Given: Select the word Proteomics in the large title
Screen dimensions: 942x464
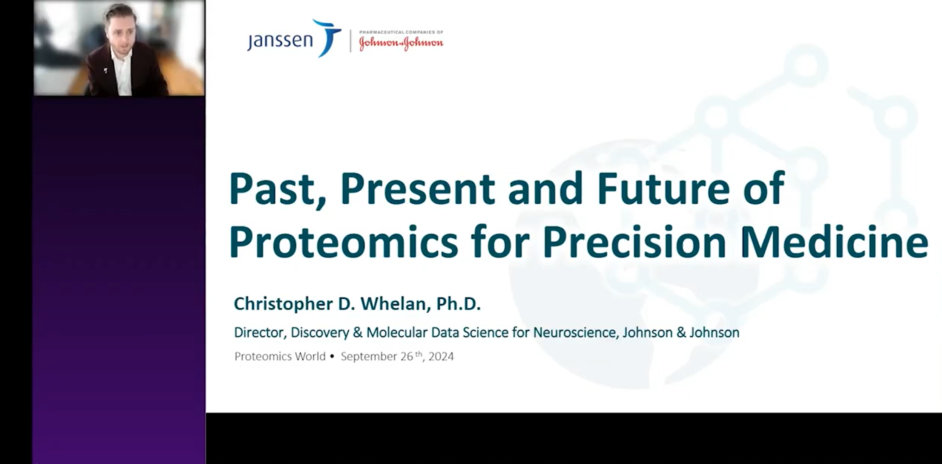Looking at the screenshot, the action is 344,242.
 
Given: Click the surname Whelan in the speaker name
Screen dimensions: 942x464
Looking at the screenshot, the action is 394,304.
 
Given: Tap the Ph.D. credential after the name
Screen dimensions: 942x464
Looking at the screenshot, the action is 458,304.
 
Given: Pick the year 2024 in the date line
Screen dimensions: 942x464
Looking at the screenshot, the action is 441,356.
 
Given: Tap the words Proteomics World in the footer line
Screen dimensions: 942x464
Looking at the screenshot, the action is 280,356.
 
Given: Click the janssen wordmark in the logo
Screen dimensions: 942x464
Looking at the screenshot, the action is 280,40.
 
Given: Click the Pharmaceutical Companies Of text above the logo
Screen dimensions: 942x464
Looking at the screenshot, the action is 401,32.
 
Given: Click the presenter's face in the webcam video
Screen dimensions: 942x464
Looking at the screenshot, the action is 121,35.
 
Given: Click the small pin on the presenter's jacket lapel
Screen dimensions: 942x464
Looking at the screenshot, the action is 105,70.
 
